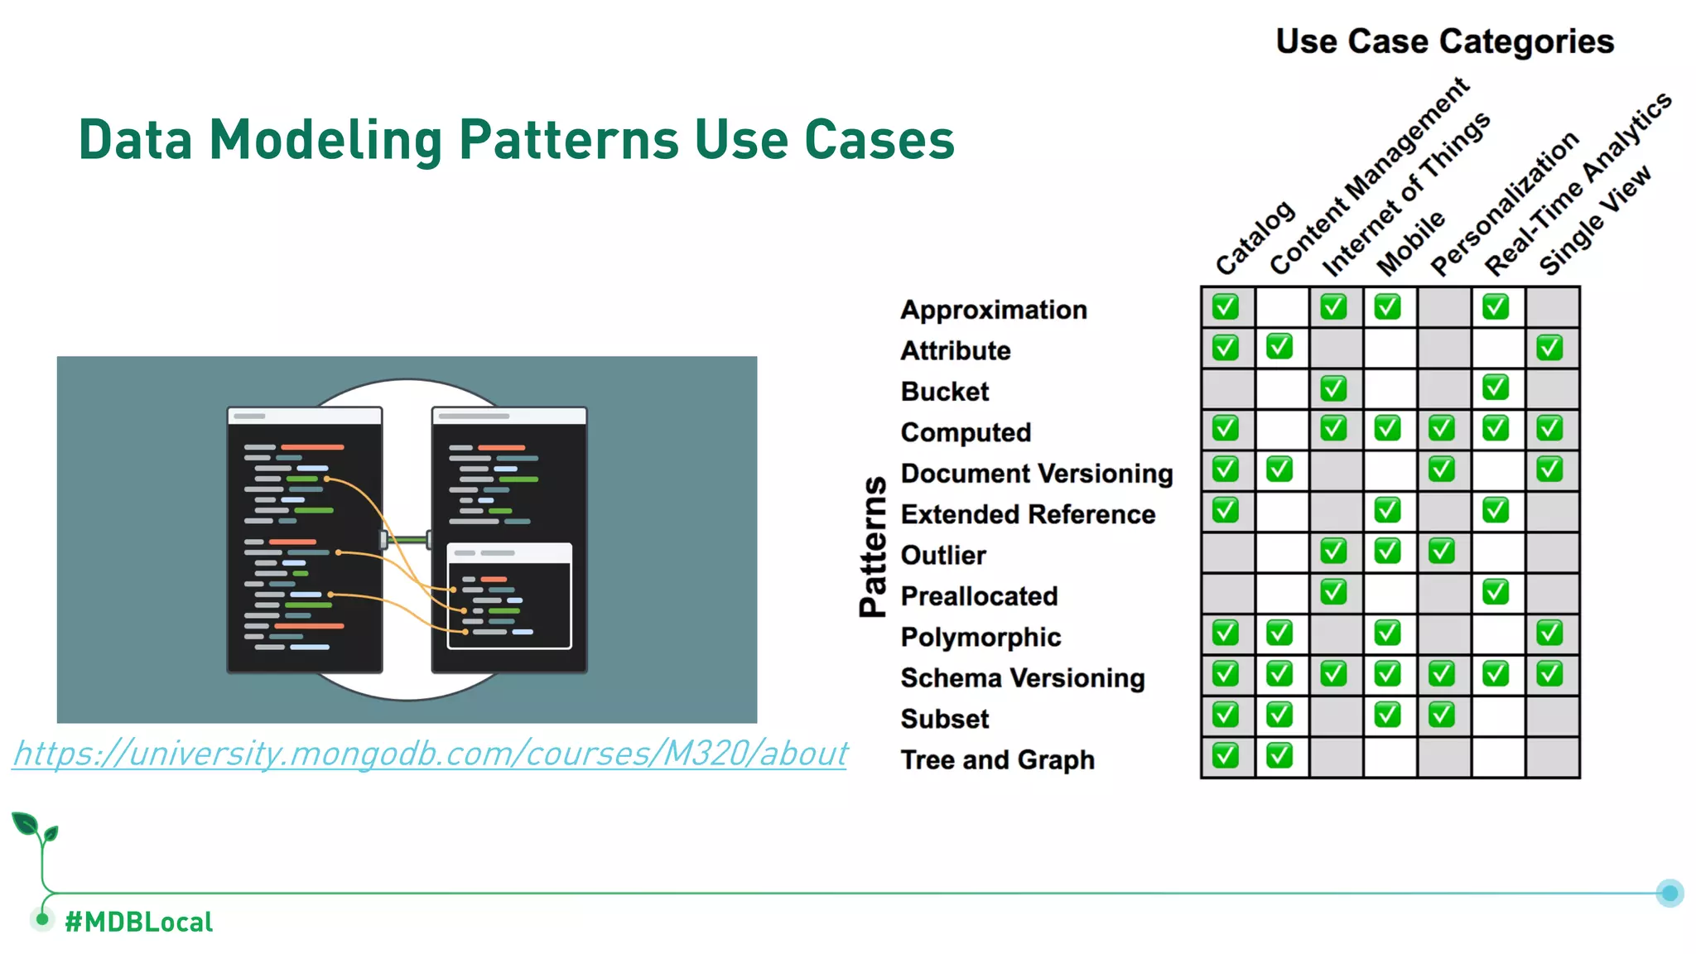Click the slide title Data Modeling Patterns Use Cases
point(516,139)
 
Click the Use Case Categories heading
point(1444,41)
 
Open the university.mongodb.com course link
point(431,754)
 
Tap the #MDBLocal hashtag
point(138,922)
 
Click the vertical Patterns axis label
point(873,547)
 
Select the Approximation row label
point(993,310)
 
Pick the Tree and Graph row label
point(997,759)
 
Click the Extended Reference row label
point(1027,514)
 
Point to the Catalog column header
point(1254,238)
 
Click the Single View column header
point(1594,221)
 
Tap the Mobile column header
point(1410,243)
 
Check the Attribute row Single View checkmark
point(1549,348)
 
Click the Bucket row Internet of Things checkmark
point(1333,388)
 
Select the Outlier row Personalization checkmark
point(1441,552)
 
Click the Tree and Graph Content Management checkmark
point(1279,755)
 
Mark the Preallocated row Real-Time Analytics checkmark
point(1496,592)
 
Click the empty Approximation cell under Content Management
point(1281,307)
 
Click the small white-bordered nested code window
point(509,595)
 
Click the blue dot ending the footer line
point(1669,893)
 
